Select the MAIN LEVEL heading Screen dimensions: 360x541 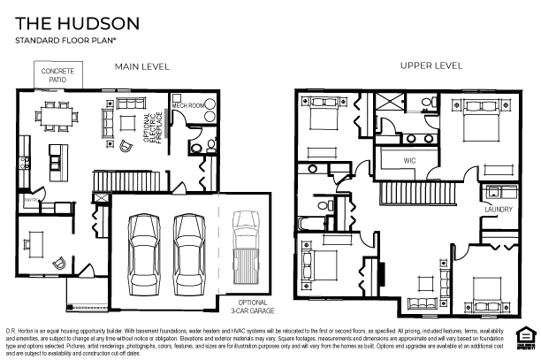click(142, 66)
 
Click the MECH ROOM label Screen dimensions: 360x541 click(187, 103)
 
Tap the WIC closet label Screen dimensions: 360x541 click(409, 160)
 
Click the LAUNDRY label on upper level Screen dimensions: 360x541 click(499, 210)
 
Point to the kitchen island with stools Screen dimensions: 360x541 click(58, 157)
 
